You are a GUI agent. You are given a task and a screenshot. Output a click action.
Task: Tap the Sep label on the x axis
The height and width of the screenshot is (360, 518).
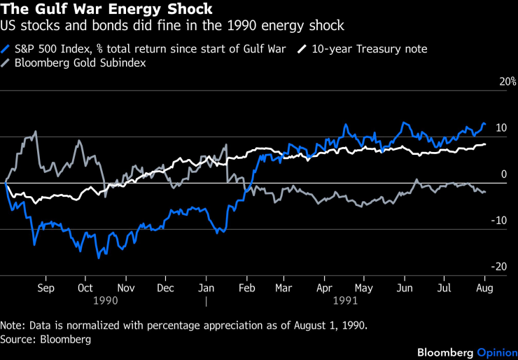pos(45,288)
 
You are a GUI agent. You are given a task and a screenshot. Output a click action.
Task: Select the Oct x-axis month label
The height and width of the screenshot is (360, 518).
pos(85,288)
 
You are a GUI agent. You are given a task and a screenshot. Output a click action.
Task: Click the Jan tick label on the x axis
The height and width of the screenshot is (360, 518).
pos(206,288)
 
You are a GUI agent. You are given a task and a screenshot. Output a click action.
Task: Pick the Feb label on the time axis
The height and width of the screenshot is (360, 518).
pos(246,288)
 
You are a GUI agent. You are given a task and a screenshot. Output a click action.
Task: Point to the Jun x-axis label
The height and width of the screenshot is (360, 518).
pos(404,288)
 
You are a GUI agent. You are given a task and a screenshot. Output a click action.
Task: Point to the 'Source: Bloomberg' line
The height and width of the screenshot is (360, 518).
pos(46,339)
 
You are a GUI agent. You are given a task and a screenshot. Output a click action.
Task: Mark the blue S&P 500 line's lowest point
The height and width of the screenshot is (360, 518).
pos(99,258)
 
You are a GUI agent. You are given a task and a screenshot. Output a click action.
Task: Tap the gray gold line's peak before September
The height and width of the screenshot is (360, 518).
pos(36,131)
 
